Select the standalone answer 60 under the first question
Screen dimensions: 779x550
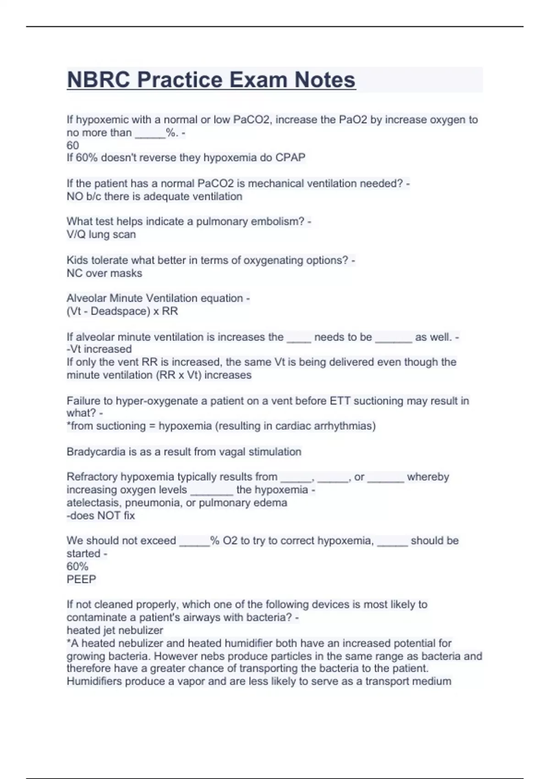[x=73, y=145]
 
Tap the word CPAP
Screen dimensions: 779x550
[x=290, y=158]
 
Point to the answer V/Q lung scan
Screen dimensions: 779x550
[x=101, y=235]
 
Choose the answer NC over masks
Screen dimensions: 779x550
[x=104, y=273]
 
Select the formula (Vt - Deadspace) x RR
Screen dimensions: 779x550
[x=122, y=311]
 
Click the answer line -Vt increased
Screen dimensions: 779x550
[x=99, y=349]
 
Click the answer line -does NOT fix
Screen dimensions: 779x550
[x=101, y=516]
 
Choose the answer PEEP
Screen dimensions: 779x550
[x=82, y=579]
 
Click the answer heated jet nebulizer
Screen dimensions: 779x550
[x=115, y=631]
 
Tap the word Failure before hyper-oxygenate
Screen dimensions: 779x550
[x=84, y=401]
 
